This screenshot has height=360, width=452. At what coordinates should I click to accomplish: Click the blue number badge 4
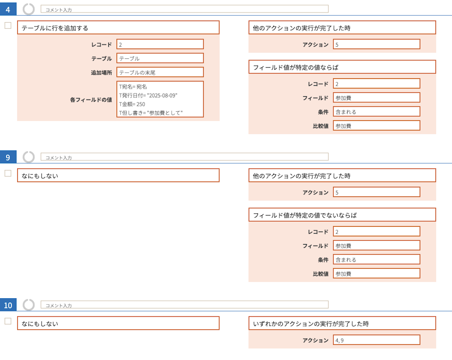point(8,9)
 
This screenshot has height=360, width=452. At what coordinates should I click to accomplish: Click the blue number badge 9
point(8,157)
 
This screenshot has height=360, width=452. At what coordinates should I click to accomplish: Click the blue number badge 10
point(8,305)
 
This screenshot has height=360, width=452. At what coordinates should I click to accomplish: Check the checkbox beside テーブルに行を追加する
point(8,25)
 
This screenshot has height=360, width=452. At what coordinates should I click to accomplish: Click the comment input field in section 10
point(184,305)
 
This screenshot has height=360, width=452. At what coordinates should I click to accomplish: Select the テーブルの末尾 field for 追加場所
point(160,72)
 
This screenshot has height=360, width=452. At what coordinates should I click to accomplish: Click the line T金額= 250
point(132,104)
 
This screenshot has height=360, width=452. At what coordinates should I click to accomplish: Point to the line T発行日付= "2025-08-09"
point(148,95)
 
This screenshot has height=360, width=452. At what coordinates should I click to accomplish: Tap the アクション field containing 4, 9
point(376,340)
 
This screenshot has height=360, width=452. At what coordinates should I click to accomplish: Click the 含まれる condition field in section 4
point(376,112)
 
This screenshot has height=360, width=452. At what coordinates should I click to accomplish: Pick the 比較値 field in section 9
point(376,273)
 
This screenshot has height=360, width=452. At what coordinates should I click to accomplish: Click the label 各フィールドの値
point(91,100)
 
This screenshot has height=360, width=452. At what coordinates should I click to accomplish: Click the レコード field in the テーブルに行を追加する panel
point(160,44)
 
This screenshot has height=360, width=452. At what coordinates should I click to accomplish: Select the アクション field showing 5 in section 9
point(376,192)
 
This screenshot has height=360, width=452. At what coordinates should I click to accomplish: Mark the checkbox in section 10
point(8,321)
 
